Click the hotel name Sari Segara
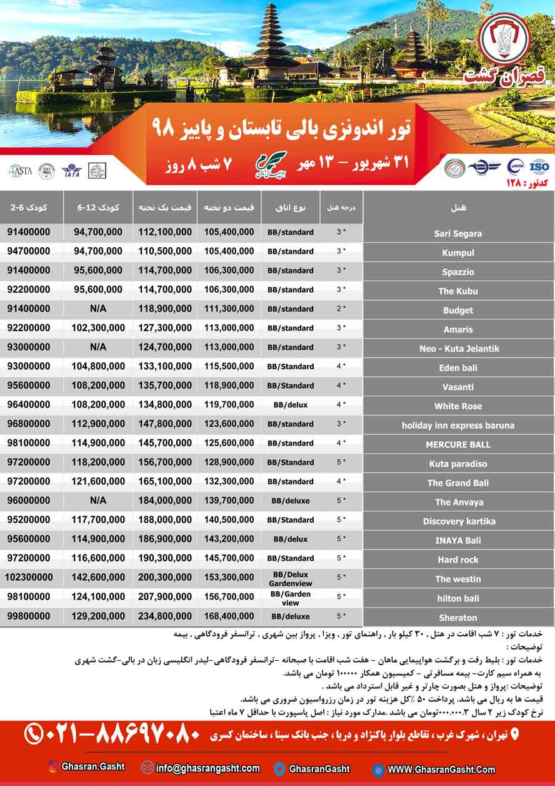point(458,233)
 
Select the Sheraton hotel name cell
point(458,618)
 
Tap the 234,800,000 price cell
point(164,616)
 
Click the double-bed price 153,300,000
point(229,578)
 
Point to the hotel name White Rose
point(458,406)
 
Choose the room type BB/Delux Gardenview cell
point(290,578)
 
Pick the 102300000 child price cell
point(30,578)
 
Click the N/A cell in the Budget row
point(98,309)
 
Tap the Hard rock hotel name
point(458,560)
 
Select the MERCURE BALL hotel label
point(458,444)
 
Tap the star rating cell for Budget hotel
point(341,309)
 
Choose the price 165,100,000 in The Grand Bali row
point(164,482)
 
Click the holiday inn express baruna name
point(458,426)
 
